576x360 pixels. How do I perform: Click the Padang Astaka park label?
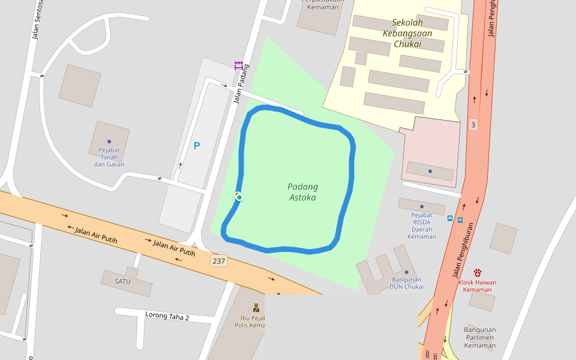(302, 192)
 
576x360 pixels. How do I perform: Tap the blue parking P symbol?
(197, 145)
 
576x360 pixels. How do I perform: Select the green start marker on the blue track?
(239, 197)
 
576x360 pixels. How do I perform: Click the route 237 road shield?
(219, 261)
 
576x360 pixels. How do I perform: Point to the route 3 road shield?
(473, 125)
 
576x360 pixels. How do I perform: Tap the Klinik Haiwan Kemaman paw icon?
(478, 272)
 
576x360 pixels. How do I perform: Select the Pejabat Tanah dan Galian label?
(109, 157)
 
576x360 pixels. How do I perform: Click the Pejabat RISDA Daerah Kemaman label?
(422, 226)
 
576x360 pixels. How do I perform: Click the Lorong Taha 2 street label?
(167, 316)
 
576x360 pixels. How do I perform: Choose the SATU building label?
(122, 280)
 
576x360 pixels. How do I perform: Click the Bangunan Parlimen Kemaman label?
(480, 337)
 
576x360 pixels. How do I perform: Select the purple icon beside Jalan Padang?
(239, 65)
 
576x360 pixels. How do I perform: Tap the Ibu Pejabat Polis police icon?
(256, 307)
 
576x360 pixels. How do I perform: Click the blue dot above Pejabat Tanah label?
(109, 142)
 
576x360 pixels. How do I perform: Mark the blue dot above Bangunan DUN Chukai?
(406, 272)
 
